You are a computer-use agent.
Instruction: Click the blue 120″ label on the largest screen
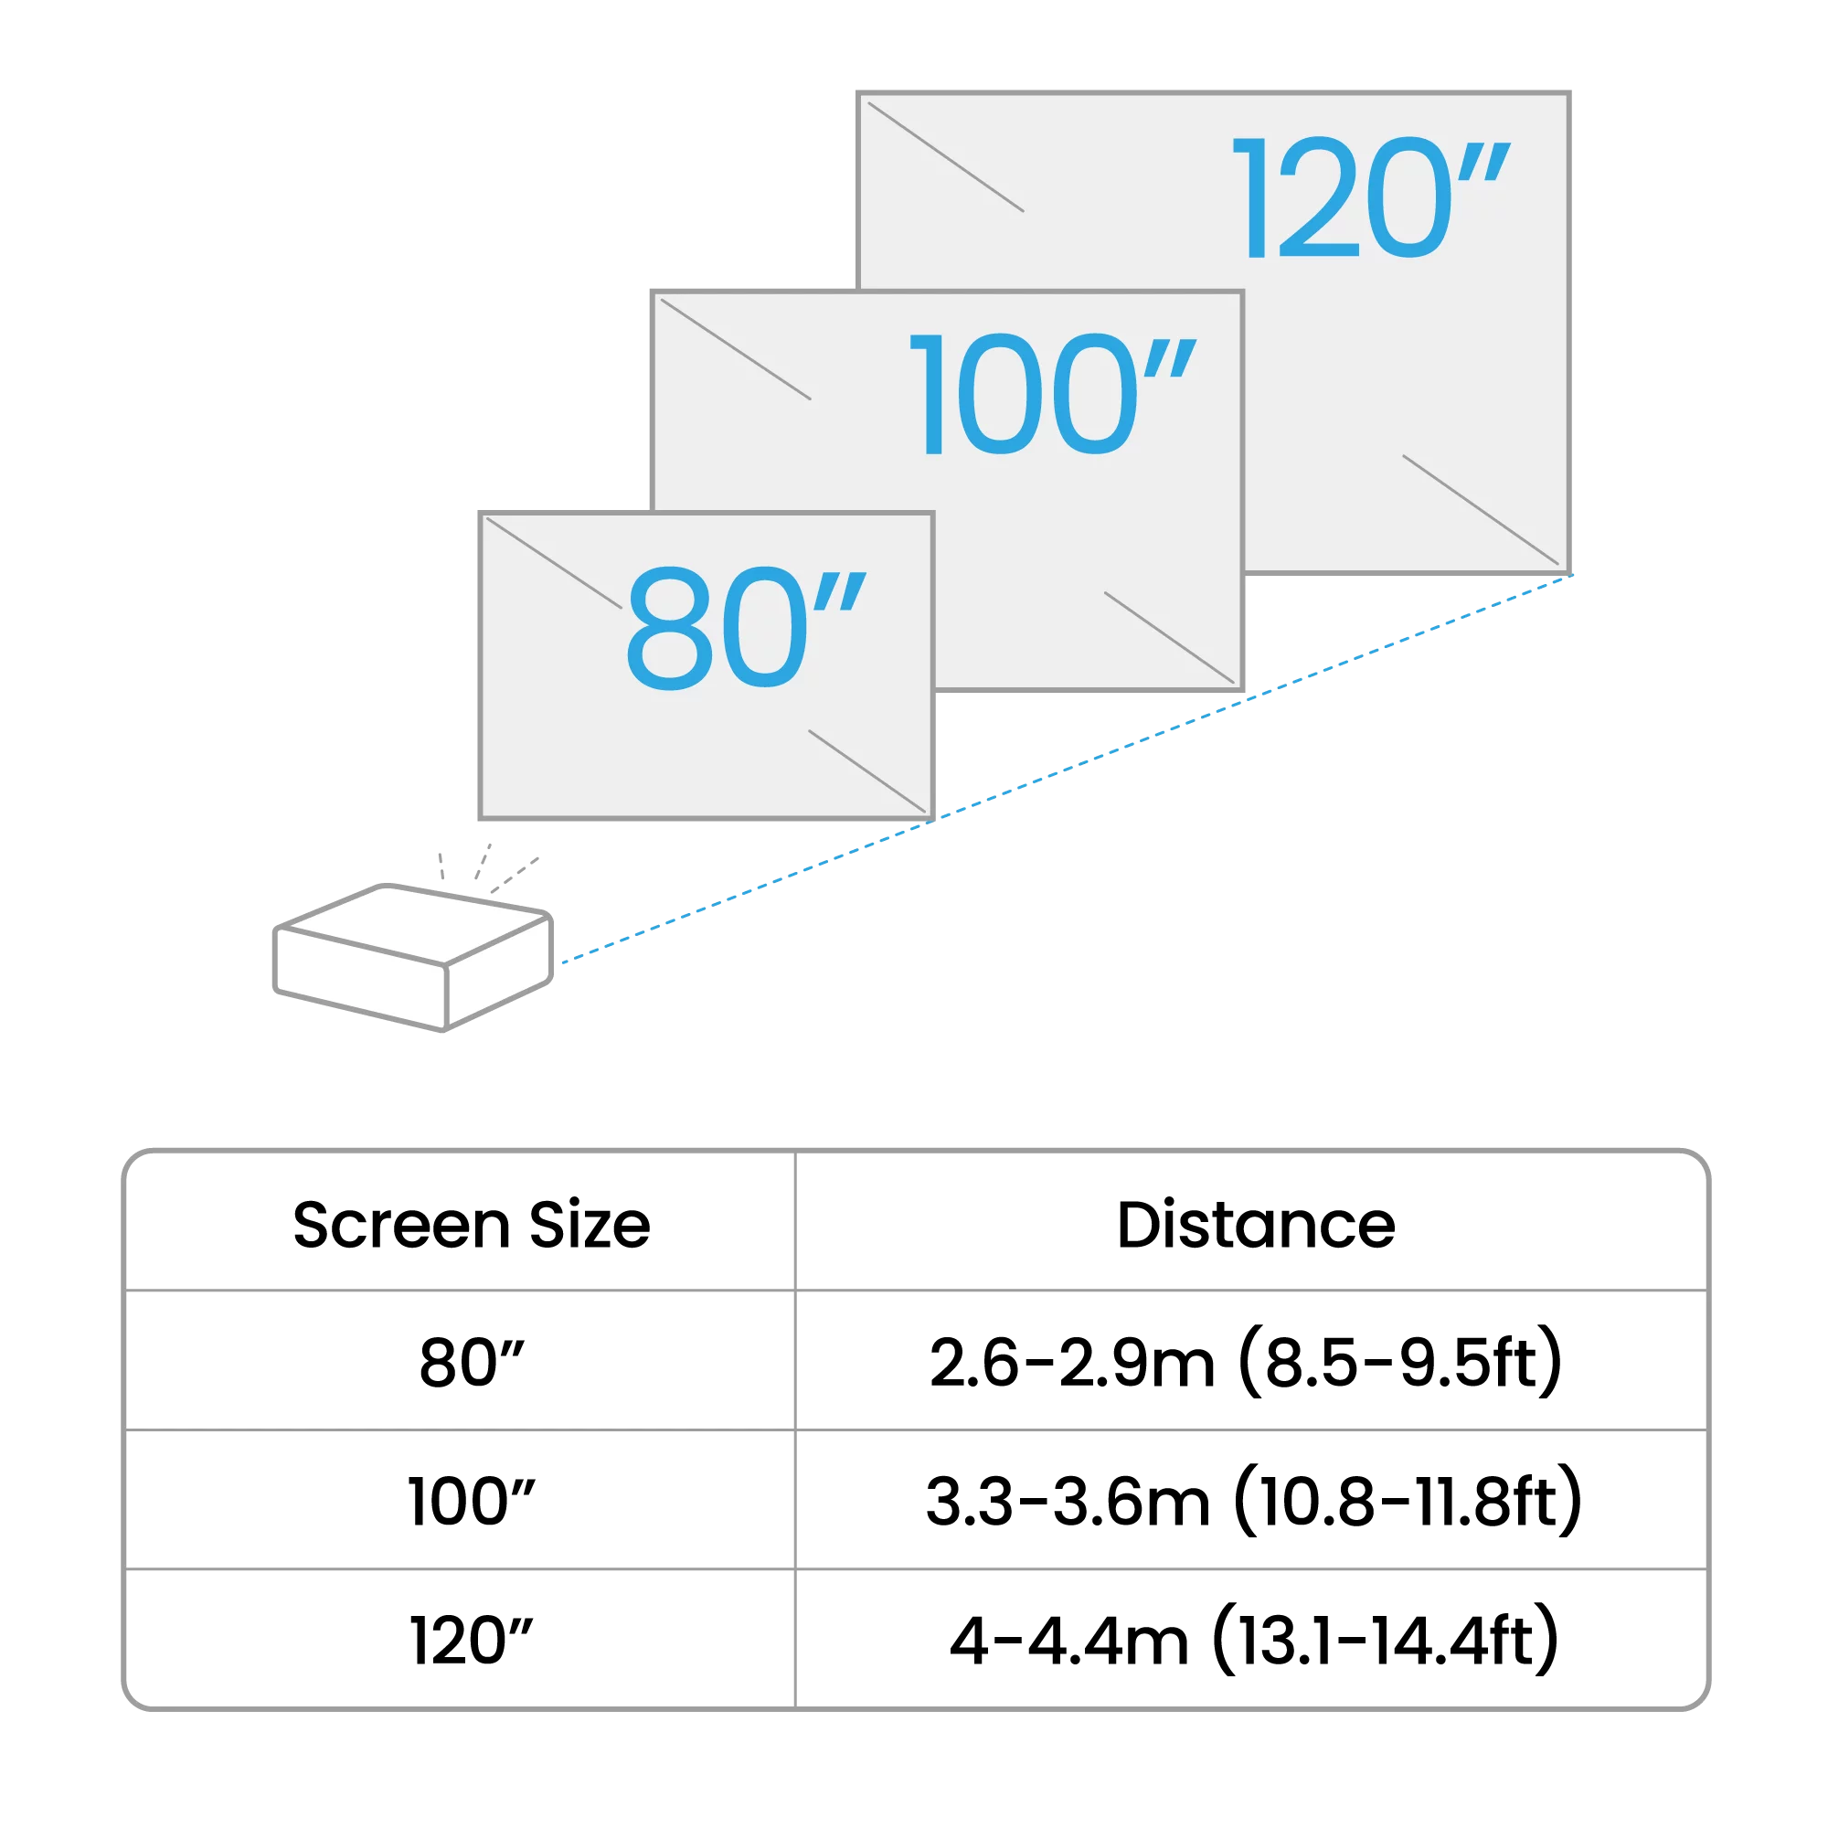click(1371, 197)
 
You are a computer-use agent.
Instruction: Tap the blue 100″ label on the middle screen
click(1052, 395)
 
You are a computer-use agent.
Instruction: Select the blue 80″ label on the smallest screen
click(746, 628)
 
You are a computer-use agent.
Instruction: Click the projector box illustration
click(413, 958)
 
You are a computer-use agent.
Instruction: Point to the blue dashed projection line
click(1068, 770)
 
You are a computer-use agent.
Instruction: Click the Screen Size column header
click(472, 1226)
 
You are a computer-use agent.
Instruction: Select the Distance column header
click(1256, 1226)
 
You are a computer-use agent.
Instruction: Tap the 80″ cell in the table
click(472, 1364)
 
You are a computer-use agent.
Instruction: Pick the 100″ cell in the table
click(472, 1502)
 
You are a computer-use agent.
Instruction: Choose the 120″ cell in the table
click(472, 1641)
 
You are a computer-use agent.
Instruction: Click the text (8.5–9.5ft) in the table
click(1400, 1364)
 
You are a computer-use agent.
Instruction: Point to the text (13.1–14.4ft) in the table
click(1386, 1641)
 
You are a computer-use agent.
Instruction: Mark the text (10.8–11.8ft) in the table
click(1408, 1502)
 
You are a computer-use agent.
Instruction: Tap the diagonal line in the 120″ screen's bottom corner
click(1480, 510)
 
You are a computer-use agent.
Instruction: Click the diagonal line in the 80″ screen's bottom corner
click(866, 771)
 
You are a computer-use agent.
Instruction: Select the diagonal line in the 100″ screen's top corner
click(735, 349)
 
